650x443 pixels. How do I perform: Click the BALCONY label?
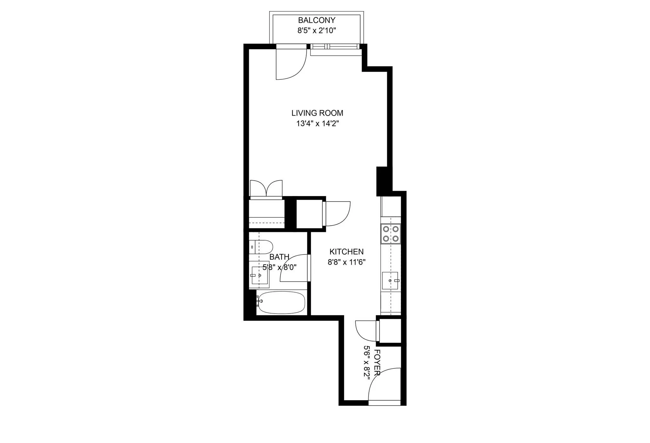click(x=316, y=20)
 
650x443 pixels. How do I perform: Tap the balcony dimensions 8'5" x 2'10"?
click(x=316, y=31)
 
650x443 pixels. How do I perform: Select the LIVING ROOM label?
click(x=317, y=113)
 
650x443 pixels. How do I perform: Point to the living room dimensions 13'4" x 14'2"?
click(x=317, y=123)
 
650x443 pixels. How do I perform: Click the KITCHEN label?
click(x=346, y=252)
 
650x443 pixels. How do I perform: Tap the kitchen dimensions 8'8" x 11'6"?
click(x=347, y=262)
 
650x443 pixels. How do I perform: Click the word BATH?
click(x=279, y=257)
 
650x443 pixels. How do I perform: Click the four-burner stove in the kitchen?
click(x=391, y=234)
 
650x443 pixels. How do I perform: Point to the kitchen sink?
click(x=390, y=281)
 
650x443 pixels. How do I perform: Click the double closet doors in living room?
click(x=266, y=189)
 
